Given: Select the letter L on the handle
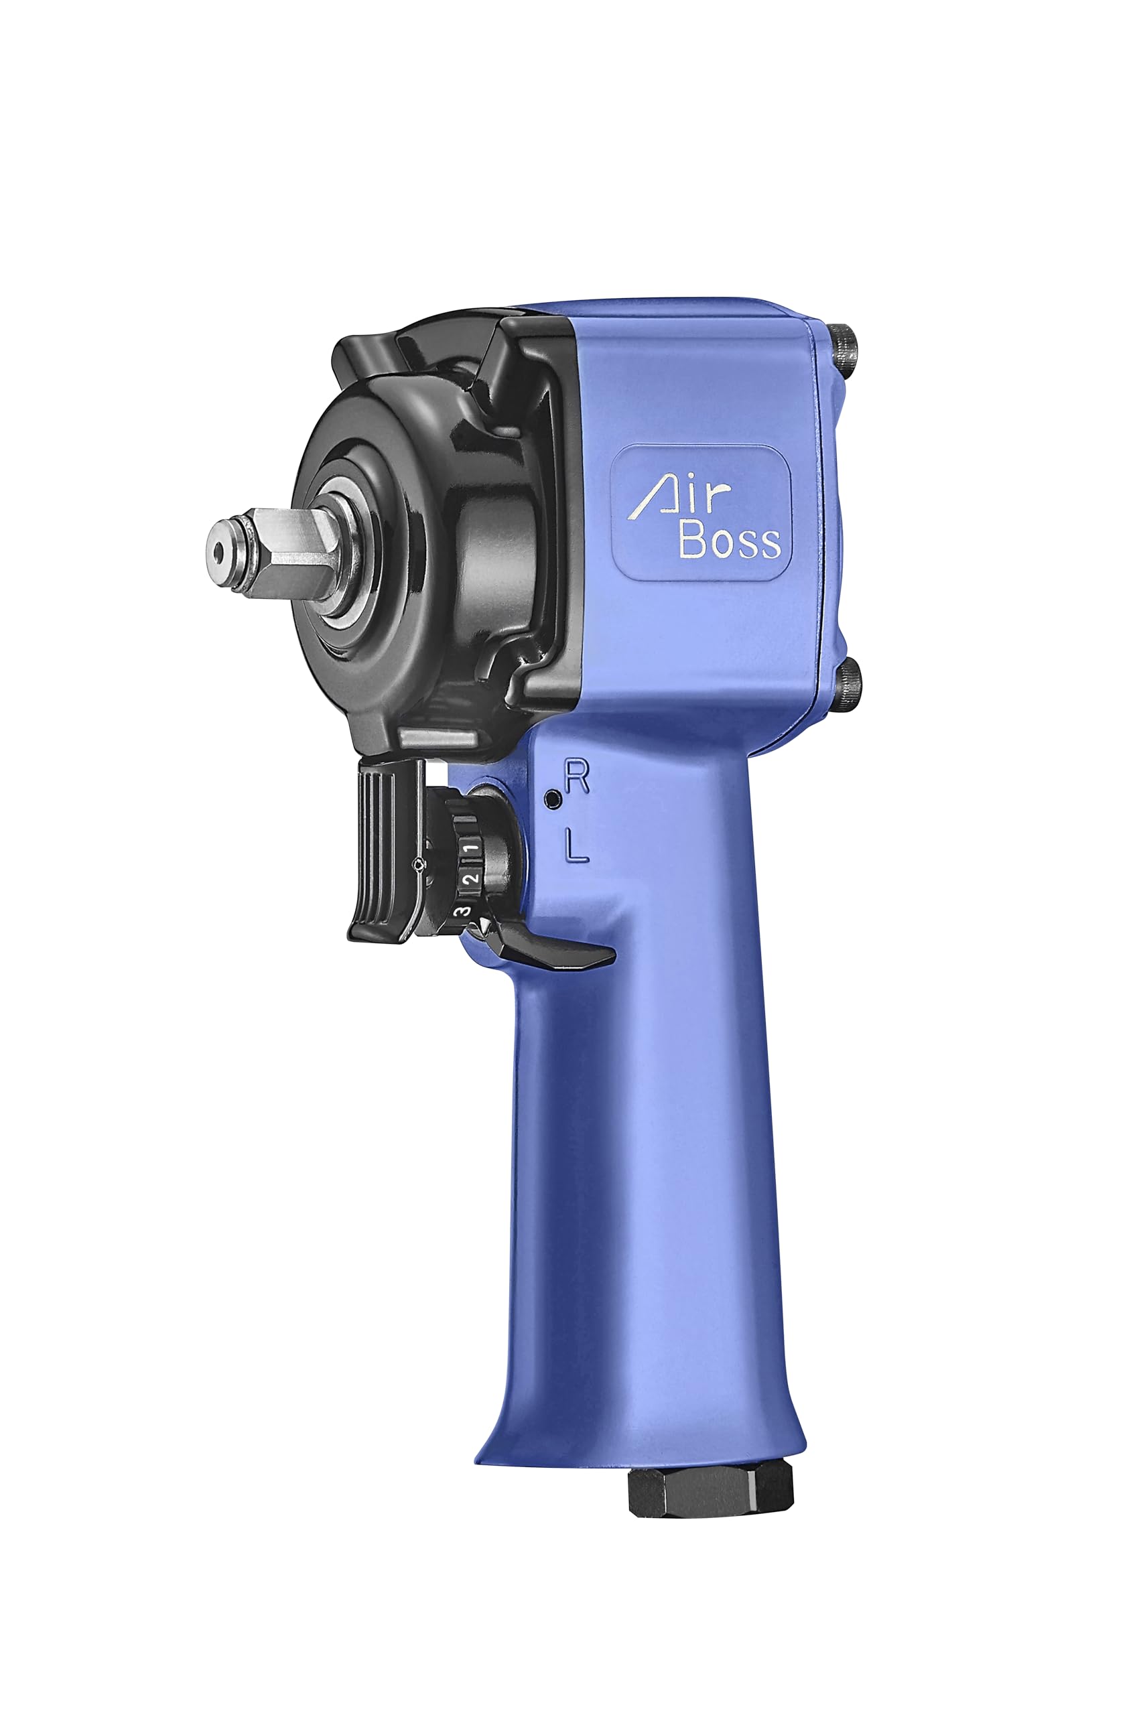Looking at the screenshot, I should pos(577,848).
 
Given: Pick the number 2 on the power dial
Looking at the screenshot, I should pos(471,878).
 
